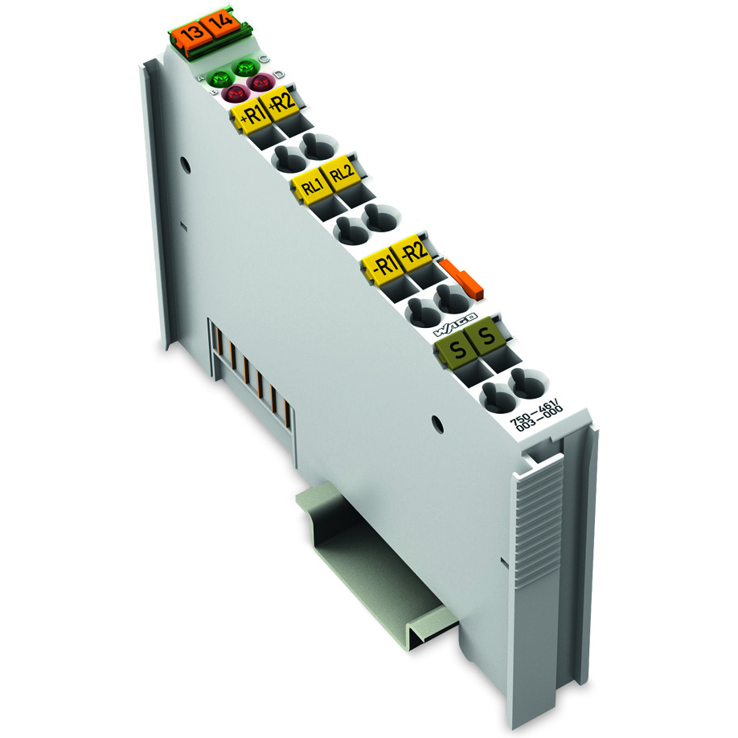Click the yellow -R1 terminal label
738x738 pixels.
(x=382, y=263)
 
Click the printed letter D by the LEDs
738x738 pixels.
(x=277, y=75)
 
